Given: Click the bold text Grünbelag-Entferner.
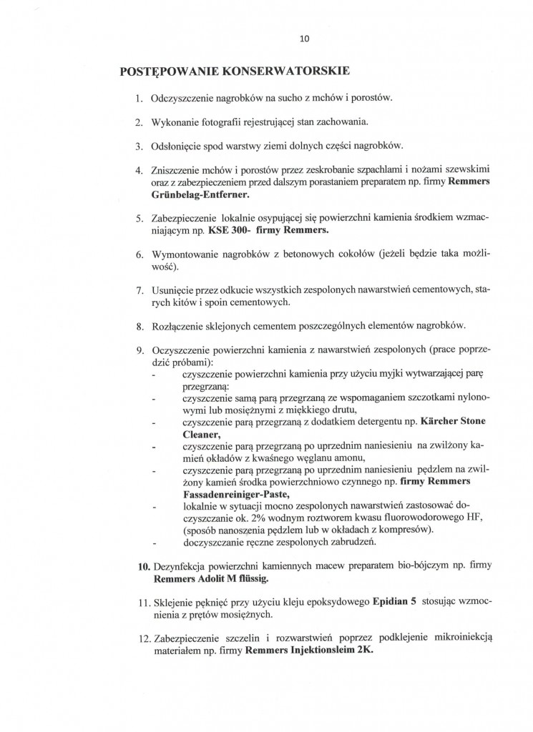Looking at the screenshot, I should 197,194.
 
